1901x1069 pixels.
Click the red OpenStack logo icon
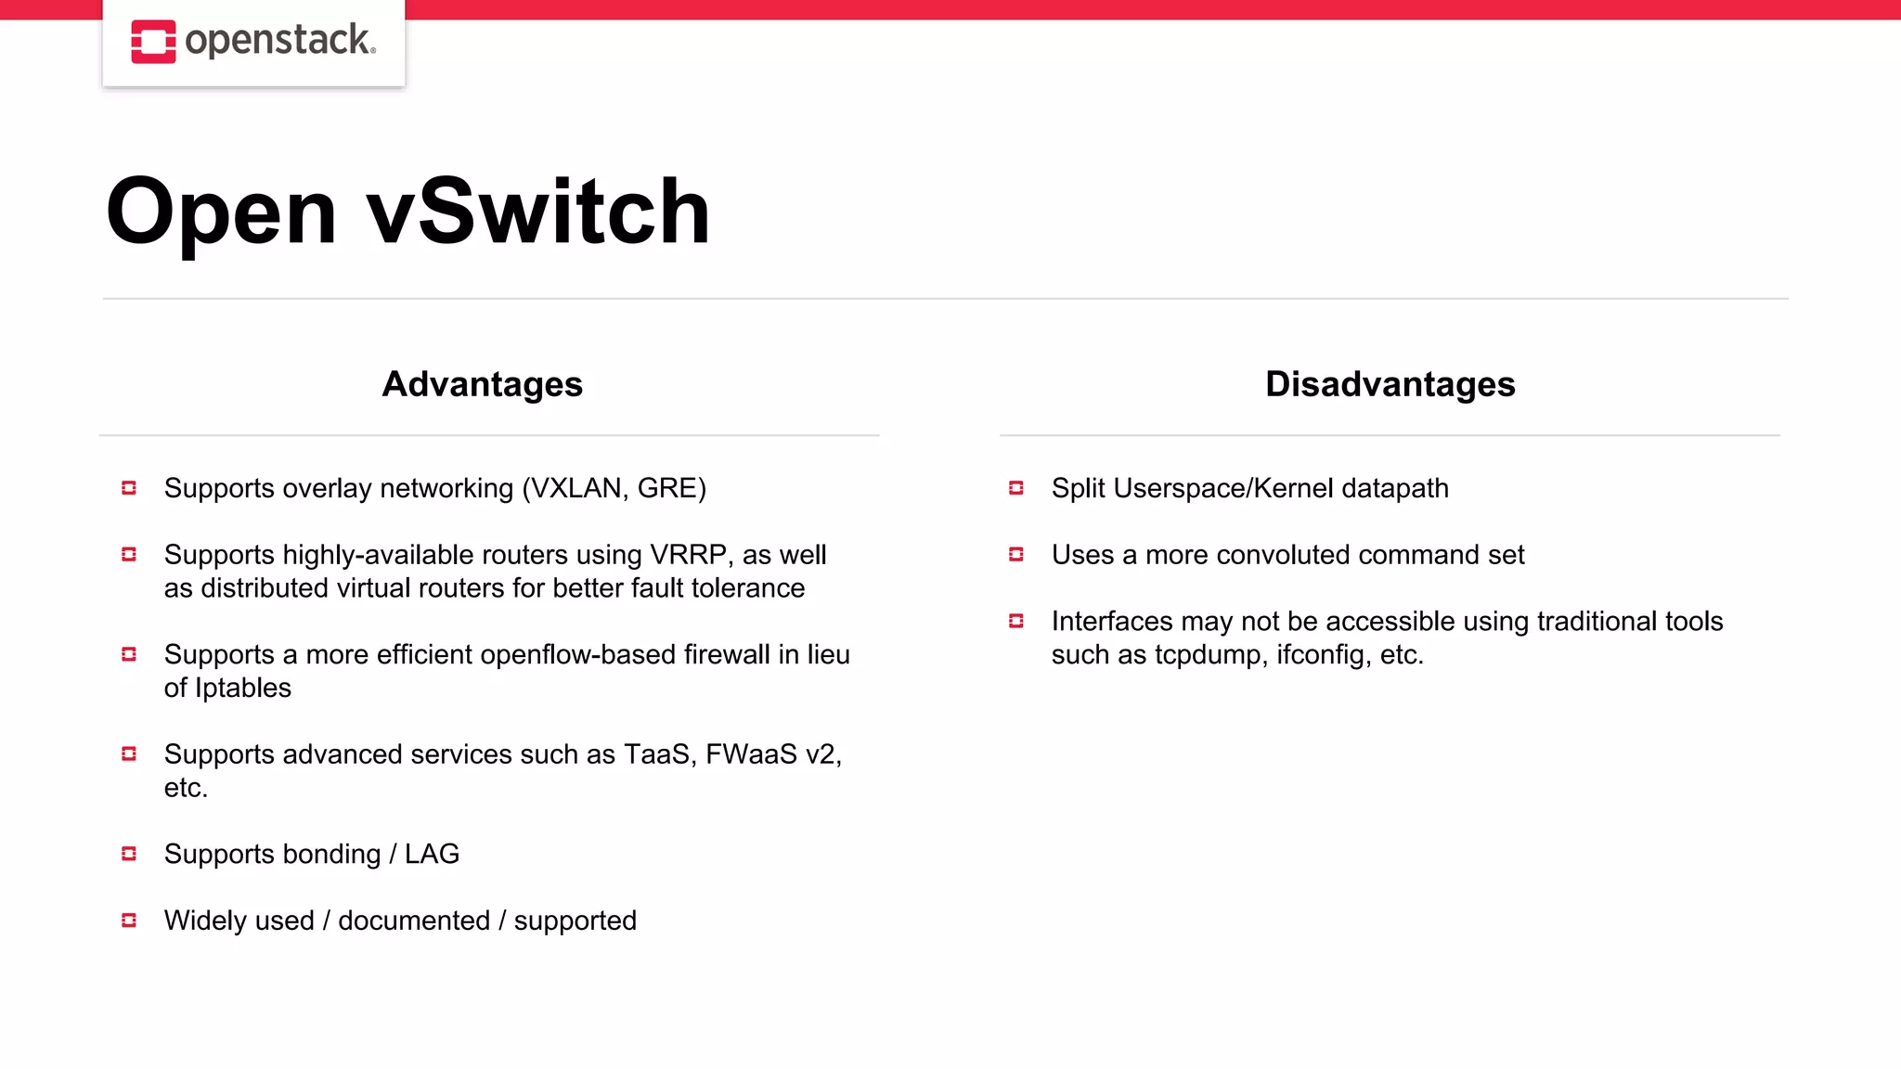click(153, 42)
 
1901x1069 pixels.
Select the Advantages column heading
click(483, 384)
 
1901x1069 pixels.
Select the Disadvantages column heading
click(1390, 384)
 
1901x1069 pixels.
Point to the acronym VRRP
click(688, 555)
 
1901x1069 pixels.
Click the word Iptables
click(243, 689)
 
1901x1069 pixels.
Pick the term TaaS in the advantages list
click(658, 754)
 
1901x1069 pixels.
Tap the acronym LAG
click(432, 854)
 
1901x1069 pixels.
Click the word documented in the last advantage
click(414, 921)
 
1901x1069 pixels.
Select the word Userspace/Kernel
click(1223, 488)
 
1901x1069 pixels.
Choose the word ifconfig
click(1323, 655)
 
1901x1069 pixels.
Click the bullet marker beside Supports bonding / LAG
click(129, 854)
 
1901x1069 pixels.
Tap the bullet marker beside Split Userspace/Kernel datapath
click(1016, 488)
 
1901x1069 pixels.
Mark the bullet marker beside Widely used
click(129, 921)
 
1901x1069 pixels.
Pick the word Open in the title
click(221, 213)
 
